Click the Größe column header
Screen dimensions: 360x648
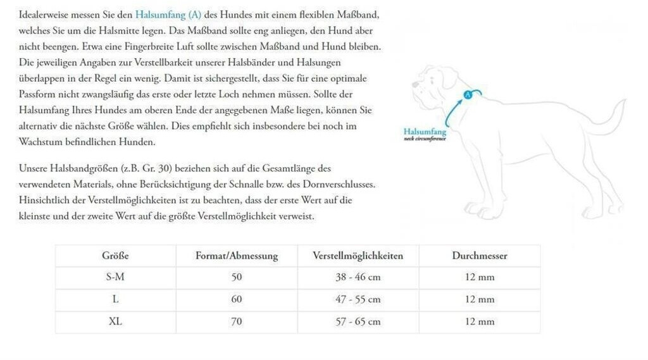point(115,256)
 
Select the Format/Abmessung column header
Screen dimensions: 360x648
point(236,256)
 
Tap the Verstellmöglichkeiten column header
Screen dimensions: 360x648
point(358,256)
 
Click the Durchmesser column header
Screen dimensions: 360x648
point(479,256)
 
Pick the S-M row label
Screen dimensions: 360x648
point(115,277)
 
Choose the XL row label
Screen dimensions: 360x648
point(115,321)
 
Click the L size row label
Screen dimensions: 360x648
point(115,299)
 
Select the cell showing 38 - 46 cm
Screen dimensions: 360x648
point(358,277)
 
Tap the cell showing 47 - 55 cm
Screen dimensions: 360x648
point(358,299)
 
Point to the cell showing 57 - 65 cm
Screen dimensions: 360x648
point(358,321)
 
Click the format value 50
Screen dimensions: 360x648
point(236,277)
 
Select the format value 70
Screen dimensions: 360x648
point(236,321)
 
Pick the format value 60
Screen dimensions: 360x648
point(236,299)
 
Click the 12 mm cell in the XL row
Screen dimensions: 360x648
point(479,321)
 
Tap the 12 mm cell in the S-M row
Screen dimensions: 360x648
point(479,277)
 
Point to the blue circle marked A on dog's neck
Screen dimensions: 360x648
point(468,94)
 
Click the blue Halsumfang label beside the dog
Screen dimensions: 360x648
point(425,132)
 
